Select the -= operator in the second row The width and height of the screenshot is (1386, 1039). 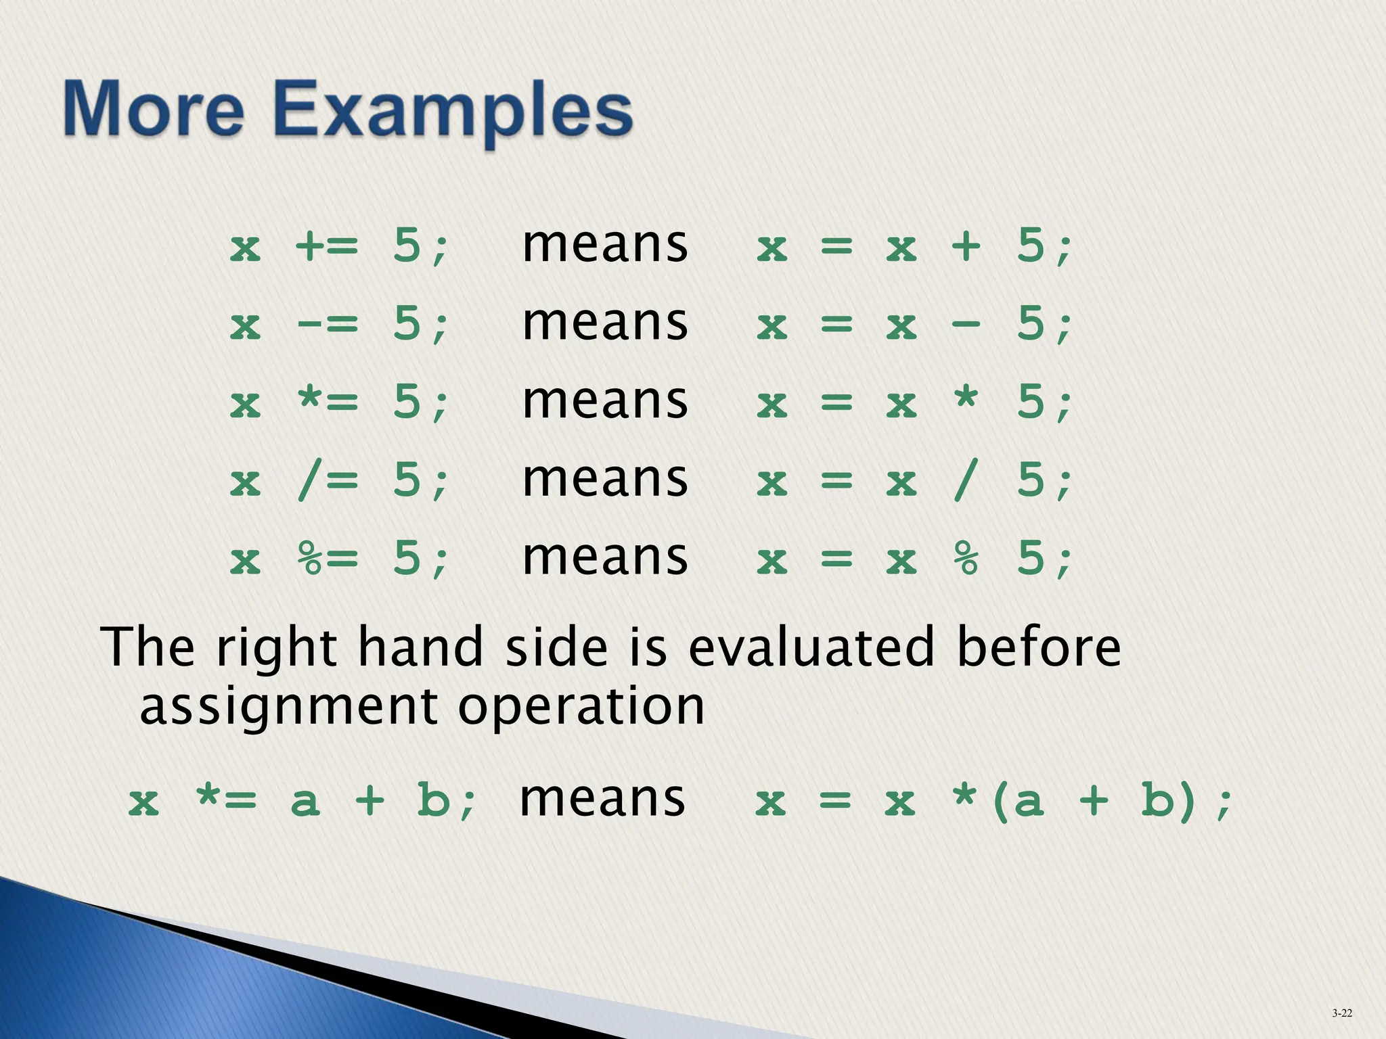[x=327, y=324]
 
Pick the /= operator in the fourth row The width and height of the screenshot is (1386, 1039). [x=327, y=481]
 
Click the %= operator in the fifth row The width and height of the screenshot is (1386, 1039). [x=327, y=559]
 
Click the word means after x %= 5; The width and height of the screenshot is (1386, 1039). [x=605, y=559]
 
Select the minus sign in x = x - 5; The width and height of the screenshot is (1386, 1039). [x=966, y=324]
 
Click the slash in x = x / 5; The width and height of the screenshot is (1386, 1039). [x=966, y=481]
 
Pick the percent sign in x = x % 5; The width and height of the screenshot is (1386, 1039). [x=966, y=559]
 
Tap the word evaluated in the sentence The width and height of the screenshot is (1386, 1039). [x=811, y=647]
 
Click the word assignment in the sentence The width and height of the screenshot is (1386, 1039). [x=288, y=707]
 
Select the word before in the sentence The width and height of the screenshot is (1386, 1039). [x=1039, y=647]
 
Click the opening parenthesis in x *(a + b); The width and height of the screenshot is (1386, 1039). [x=999, y=802]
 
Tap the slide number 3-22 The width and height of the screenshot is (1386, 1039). [x=1342, y=1013]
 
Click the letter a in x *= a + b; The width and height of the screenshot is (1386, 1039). [x=305, y=802]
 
